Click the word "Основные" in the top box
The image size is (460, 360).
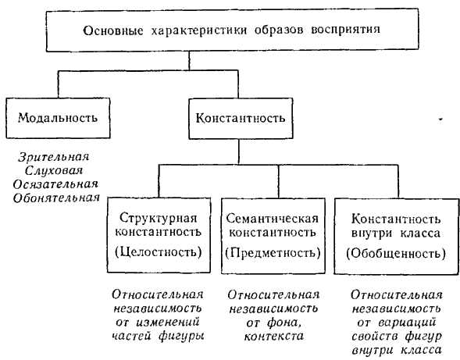[x=112, y=30]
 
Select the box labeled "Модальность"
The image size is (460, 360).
[x=58, y=118]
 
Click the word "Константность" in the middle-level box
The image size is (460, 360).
[x=241, y=118]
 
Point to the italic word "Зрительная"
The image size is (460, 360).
[x=54, y=157]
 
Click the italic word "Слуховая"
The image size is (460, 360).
[x=54, y=171]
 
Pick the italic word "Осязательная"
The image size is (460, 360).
[x=55, y=184]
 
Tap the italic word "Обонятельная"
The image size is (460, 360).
[x=56, y=198]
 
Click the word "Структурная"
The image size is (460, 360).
[x=158, y=219]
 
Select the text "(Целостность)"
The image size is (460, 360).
[x=159, y=252]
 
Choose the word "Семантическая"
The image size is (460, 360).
[x=273, y=219]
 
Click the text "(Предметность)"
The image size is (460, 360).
[x=273, y=252]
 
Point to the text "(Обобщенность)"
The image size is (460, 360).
[x=396, y=253]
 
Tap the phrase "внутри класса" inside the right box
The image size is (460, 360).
[x=396, y=233]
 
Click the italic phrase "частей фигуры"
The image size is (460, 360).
[x=158, y=337]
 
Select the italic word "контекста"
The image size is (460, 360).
[x=273, y=337]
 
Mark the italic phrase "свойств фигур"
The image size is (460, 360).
[x=396, y=337]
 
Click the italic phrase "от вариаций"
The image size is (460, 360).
[x=396, y=323]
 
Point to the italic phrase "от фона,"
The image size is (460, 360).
[x=273, y=323]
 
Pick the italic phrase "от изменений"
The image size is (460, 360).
[x=158, y=323]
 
